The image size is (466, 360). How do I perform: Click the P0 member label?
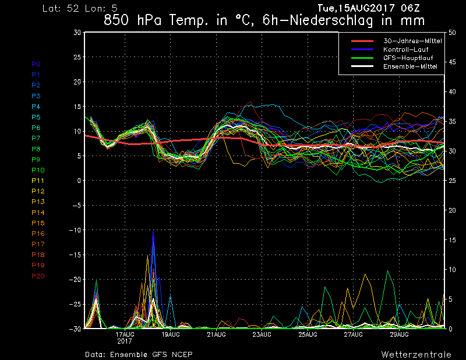pyautogui.click(x=36, y=64)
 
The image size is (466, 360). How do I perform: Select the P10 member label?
pyautogui.click(x=38, y=170)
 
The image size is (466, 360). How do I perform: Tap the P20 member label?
pyautogui.click(x=38, y=276)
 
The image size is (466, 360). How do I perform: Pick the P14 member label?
pyautogui.click(x=38, y=212)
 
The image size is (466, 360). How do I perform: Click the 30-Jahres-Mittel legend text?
pyautogui.click(x=412, y=41)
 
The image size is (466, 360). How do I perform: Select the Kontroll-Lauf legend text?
pyautogui.click(x=405, y=50)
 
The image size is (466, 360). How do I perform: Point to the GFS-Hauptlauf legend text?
pyautogui.click(x=408, y=58)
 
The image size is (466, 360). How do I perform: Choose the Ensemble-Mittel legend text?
pyautogui.click(x=410, y=66)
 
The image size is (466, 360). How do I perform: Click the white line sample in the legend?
pyautogui.click(x=362, y=66)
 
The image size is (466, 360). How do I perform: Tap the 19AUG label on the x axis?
pyautogui.click(x=171, y=334)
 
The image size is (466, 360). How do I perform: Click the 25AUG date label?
pyautogui.click(x=308, y=334)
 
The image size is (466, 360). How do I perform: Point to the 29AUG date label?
pyautogui.click(x=399, y=334)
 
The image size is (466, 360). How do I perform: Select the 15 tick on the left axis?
pyautogui.click(x=77, y=107)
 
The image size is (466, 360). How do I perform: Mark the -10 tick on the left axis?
pyautogui.click(x=75, y=230)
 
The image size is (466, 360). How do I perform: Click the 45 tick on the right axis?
pyautogui.click(x=452, y=62)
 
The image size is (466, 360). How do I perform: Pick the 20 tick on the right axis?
pyautogui.click(x=452, y=210)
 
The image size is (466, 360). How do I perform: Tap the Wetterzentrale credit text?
pyautogui.click(x=416, y=354)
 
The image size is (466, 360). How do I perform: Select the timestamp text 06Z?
pyautogui.click(x=410, y=8)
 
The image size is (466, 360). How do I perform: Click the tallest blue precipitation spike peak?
pyautogui.click(x=153, y=232)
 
